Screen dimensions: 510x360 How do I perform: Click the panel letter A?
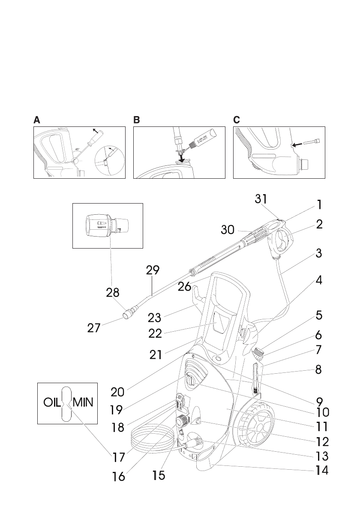click(37, 120)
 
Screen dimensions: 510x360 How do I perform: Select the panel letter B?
click(137, 120)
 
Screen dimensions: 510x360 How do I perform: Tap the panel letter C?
click(237, 120)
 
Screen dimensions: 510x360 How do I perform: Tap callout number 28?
click(113, 292)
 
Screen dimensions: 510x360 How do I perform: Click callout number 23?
click(155, 318)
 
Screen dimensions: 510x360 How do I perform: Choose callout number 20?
click(118, 392)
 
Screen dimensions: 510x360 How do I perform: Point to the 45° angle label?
click(77, 150)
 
